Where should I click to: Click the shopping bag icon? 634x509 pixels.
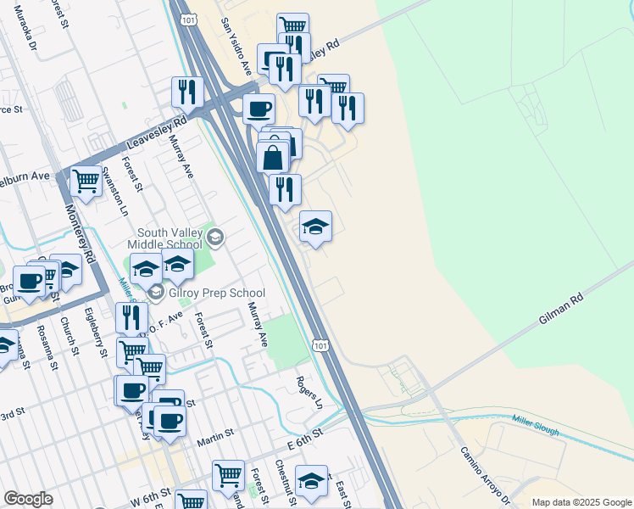273,156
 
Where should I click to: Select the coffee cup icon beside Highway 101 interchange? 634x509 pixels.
259,108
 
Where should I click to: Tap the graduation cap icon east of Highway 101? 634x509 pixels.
315,226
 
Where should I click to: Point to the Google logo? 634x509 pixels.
28,499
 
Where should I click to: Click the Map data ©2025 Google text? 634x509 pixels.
581,502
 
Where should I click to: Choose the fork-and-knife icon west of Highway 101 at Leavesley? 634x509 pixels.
187,92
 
